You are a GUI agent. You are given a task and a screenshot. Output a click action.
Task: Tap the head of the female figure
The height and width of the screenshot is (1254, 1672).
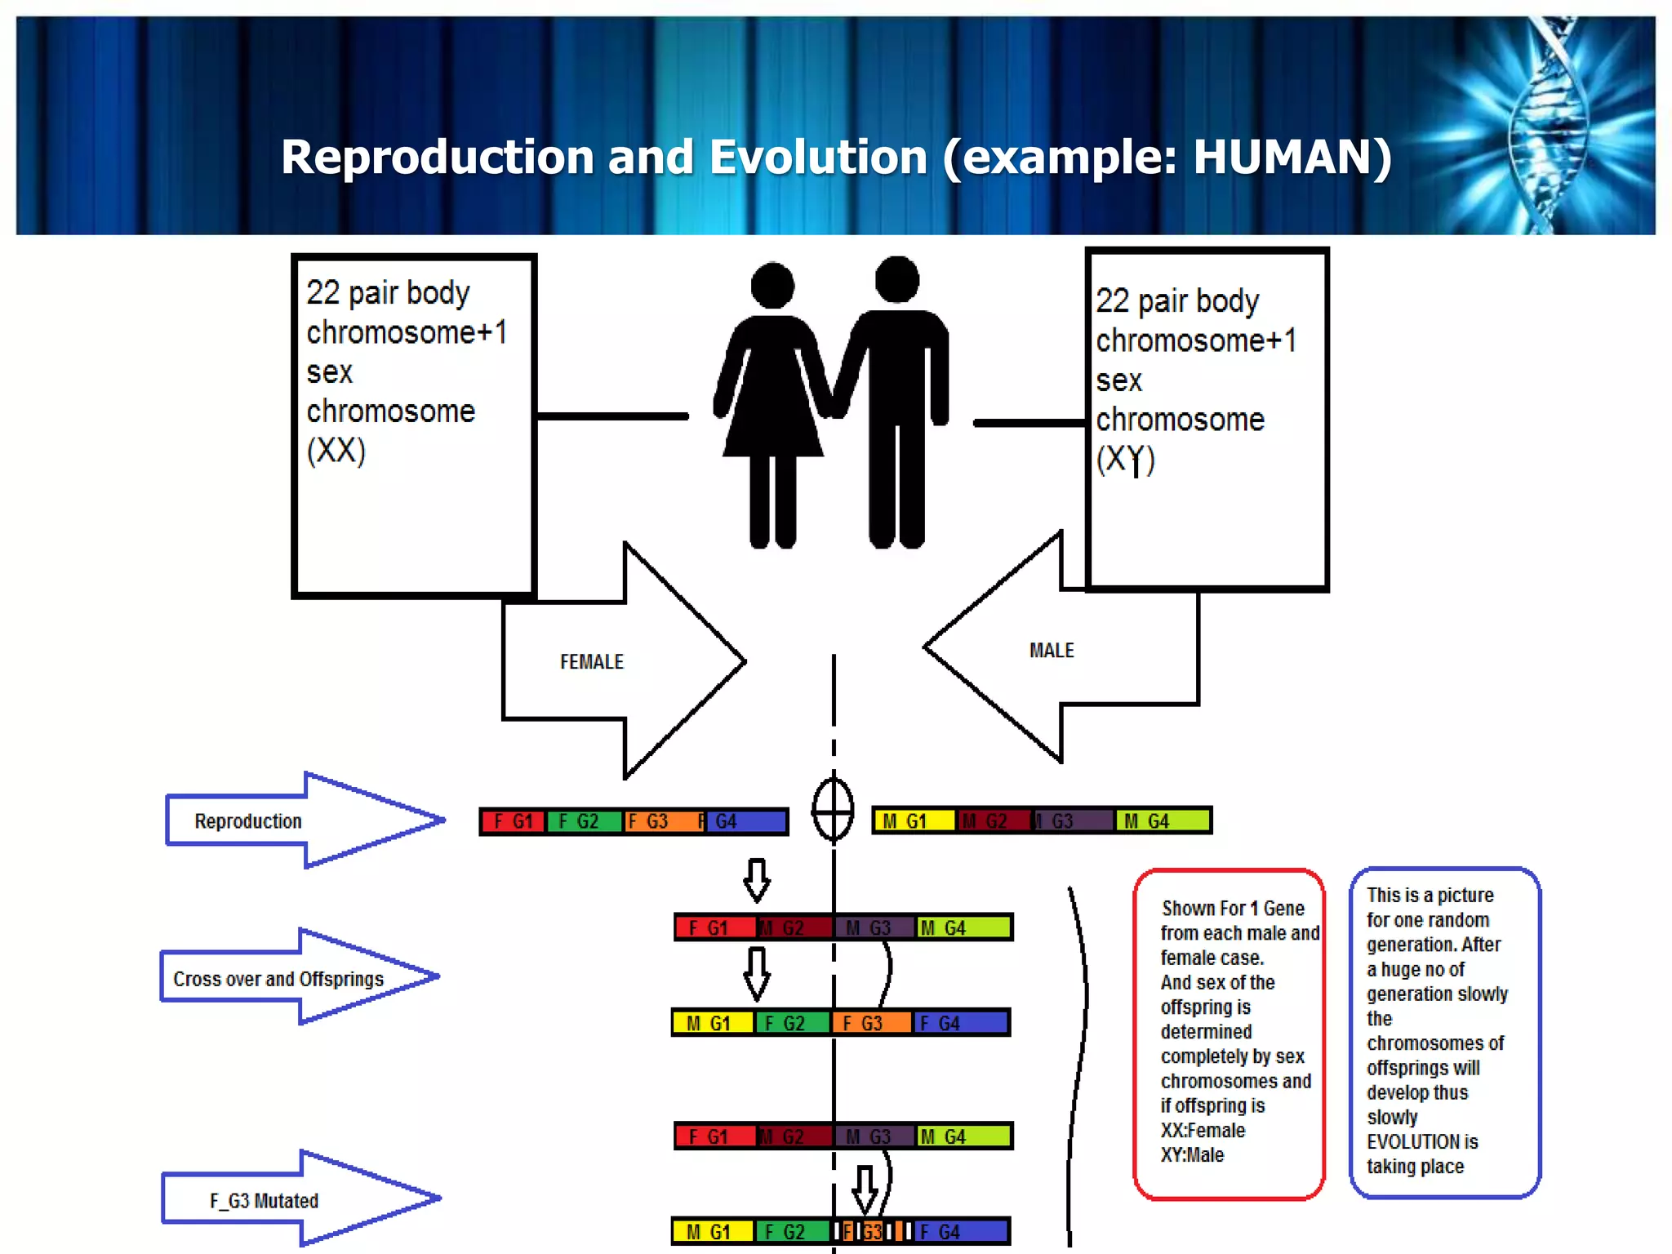point(772,285)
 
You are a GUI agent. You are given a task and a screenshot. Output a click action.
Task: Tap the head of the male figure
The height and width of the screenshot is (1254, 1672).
point(896,279)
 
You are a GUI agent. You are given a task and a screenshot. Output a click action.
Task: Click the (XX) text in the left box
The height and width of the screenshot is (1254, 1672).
point(336,451)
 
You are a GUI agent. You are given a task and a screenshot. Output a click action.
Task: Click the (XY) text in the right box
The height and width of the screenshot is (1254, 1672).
point(1125,459)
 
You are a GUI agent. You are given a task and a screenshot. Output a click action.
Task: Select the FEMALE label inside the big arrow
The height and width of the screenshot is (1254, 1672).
point(591,662)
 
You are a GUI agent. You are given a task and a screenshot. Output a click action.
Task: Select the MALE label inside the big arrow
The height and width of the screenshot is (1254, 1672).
point(1051,651)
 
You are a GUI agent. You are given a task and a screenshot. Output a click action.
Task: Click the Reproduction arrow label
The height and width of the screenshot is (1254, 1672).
point(247,821)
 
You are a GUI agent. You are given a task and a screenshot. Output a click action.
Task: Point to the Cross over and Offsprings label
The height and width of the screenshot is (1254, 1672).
point(278,979)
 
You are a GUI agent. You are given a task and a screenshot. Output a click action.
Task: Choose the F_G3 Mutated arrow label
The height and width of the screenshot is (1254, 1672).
point(263,1201)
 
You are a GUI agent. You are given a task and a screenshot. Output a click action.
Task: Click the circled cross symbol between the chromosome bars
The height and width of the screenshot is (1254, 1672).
point(833,810)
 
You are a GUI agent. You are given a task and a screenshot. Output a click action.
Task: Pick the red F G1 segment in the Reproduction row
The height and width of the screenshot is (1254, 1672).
point(513,821)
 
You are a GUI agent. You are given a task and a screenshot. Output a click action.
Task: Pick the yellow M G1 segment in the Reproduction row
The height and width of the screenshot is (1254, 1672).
point(913,820)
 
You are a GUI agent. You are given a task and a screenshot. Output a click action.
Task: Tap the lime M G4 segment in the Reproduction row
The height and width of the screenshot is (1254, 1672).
point(1162,820)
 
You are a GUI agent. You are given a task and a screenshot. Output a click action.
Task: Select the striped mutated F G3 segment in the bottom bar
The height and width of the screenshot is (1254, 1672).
point(871,1231)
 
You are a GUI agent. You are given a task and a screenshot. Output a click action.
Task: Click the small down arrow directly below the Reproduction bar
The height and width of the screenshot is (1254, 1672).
point(757,879)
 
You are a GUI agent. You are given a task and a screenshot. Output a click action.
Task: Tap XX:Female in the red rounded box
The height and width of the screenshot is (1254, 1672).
point(1203,1131)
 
